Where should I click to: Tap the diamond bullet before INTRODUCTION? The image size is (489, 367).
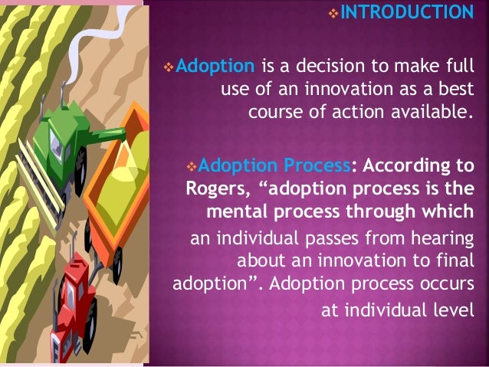pos(343,13)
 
